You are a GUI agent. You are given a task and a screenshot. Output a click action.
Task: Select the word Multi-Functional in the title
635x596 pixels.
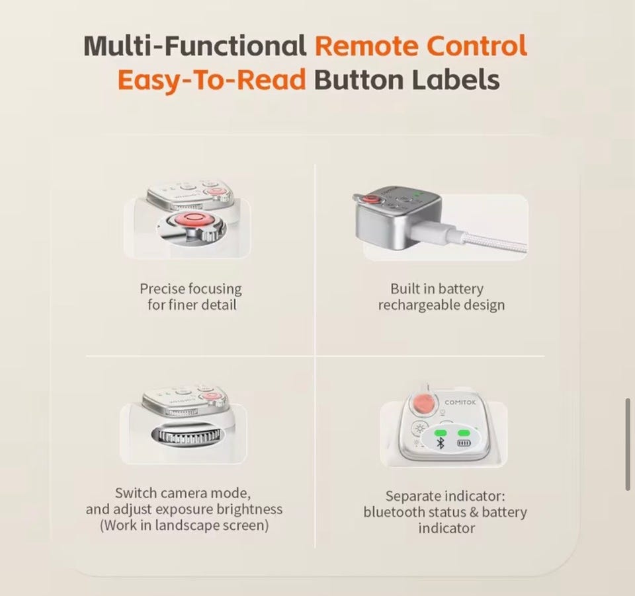194,46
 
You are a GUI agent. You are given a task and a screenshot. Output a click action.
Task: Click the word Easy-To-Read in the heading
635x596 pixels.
212,80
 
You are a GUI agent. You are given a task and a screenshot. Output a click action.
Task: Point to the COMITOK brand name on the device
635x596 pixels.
460,402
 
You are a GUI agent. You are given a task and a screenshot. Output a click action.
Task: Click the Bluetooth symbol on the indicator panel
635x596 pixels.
441,443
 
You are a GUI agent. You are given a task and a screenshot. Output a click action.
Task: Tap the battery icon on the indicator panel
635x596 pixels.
464,443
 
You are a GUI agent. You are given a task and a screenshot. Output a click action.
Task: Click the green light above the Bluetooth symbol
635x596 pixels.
441,433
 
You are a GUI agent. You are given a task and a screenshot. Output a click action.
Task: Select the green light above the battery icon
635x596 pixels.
464,433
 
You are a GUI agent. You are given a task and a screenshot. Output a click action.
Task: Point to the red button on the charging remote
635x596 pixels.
370,200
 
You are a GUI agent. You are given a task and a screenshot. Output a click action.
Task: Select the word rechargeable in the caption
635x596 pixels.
419,305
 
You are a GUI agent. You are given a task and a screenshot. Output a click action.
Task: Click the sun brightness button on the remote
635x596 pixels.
420,428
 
